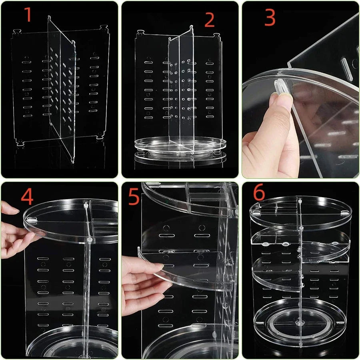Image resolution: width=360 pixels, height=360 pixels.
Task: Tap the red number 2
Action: click(x=209, y=20)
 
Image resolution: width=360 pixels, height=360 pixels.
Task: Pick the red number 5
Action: click(x=134, y=197)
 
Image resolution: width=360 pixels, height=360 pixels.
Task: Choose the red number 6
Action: click(x=259, y=193)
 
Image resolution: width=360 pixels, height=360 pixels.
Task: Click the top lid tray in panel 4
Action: click(x=72, y=218)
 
